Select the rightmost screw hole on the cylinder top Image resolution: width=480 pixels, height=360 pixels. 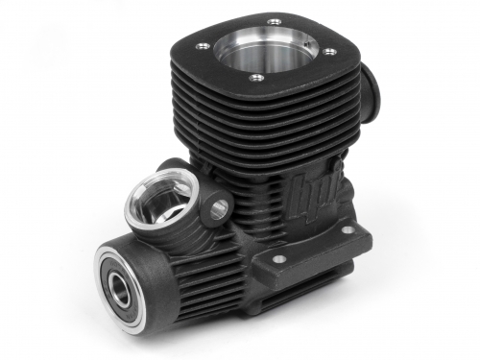click(331, 52)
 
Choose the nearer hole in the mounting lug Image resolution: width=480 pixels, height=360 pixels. click(279, 258)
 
